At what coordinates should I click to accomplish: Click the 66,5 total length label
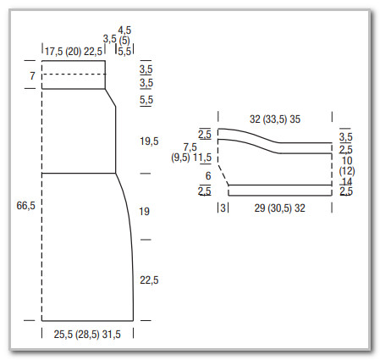(25, 206)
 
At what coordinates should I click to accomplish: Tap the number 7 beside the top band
(33, 75)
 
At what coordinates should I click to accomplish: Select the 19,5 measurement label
(149, 141)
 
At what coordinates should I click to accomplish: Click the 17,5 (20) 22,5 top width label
(74, 52)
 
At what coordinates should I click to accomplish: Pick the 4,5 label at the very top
(124, 30)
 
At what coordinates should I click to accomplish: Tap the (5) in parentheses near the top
(124, 41)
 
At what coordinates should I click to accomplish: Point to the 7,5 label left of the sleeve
(190, 147)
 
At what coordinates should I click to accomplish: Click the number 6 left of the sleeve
(208, 176)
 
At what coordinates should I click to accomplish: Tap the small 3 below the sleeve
(223, 208)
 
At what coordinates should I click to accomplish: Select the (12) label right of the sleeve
(347, 171)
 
